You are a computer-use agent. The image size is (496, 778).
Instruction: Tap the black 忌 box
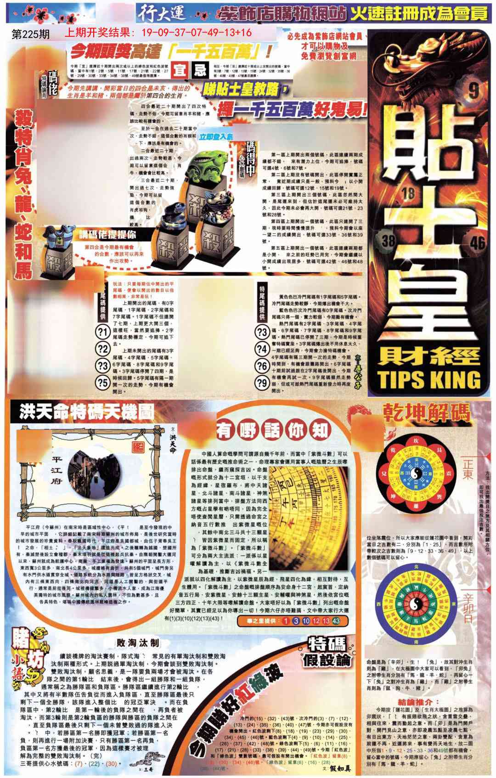200,70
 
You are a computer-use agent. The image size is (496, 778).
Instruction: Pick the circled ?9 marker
263,382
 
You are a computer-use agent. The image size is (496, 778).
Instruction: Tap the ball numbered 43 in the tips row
336,621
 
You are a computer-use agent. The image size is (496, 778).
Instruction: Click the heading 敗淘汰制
138,643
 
